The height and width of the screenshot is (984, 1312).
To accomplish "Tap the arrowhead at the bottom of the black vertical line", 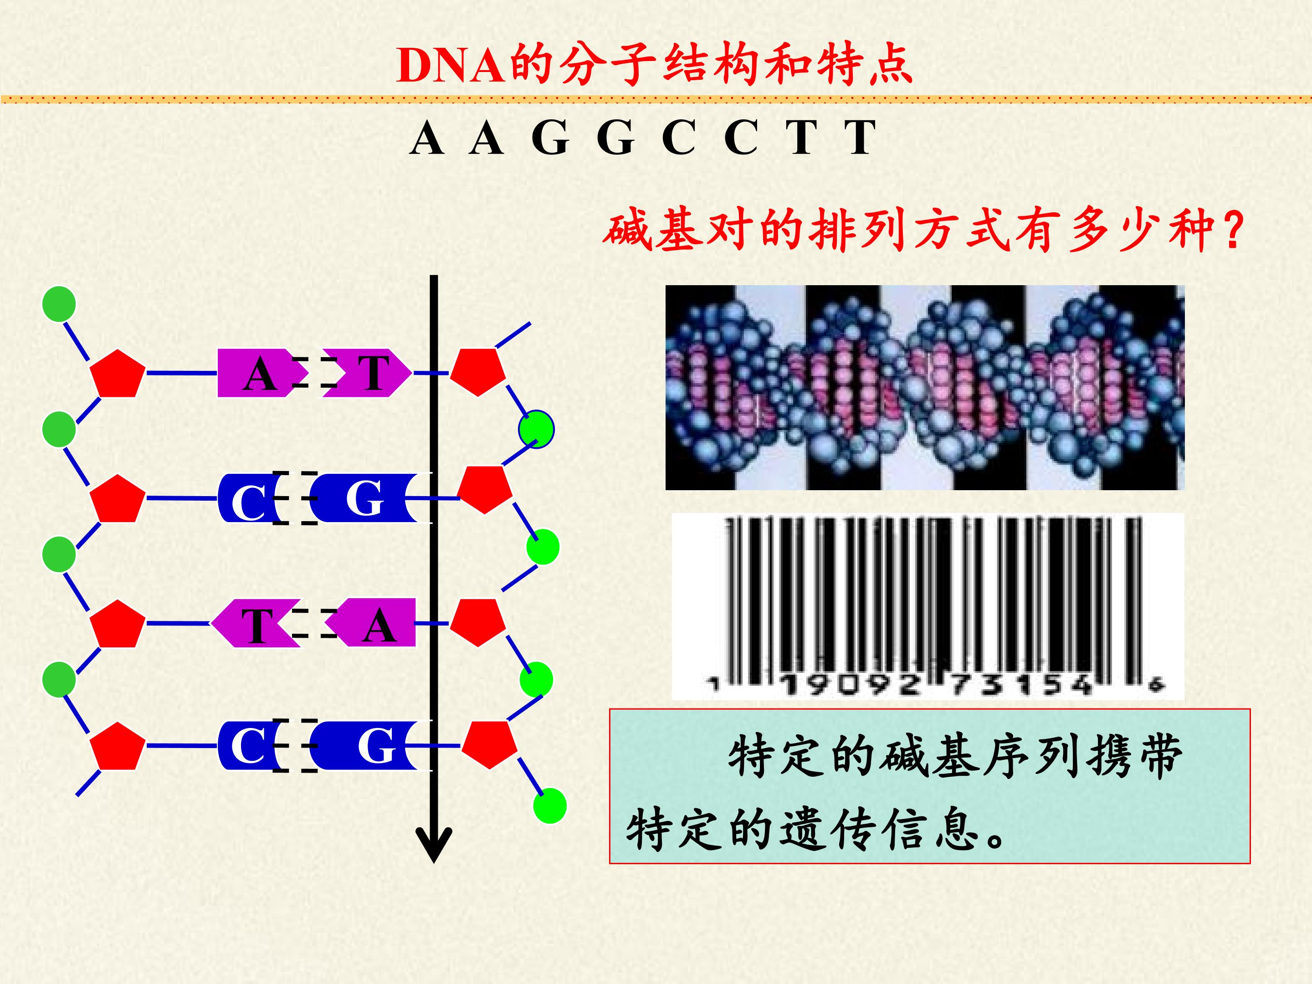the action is [x=434, y=845].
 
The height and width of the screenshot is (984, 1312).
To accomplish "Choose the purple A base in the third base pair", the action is [x=373, y=623].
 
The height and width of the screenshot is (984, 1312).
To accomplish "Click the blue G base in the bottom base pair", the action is [x=373, y=746].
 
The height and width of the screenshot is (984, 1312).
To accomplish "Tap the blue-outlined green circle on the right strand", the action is [x=536, y=429].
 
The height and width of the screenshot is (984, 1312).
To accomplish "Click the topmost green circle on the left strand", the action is [x=59, y=304].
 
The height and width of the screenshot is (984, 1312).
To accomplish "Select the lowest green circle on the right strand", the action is [x=550, y=806].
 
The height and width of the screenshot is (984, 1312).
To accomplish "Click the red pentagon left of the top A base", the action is [x=118, y=373].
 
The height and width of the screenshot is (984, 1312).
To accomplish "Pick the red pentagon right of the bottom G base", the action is [x=489, y=744].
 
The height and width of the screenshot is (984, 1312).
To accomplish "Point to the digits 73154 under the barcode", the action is [x=1021, y=686].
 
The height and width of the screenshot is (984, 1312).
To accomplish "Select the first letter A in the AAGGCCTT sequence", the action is [x=426, y=138].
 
